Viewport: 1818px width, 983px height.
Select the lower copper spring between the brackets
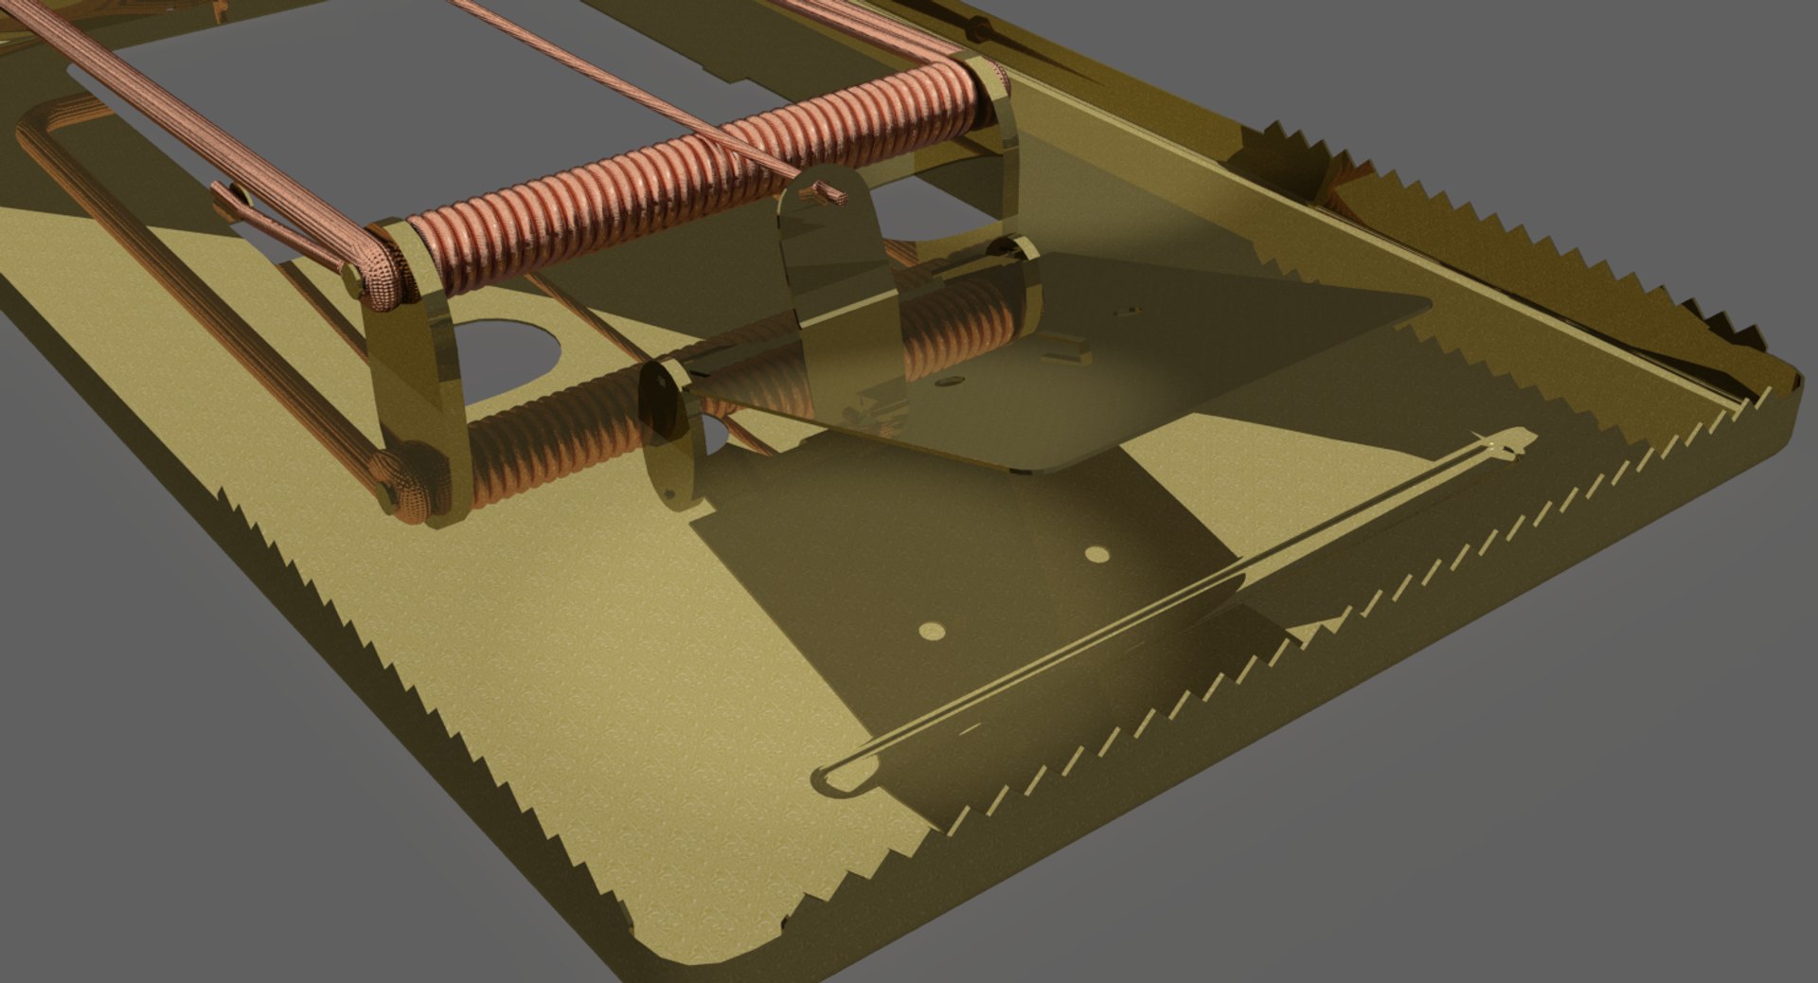tap(559, 445)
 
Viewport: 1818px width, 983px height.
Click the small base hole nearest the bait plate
tap(1096, 554)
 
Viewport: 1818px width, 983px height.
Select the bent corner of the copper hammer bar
tap(38, 123)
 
